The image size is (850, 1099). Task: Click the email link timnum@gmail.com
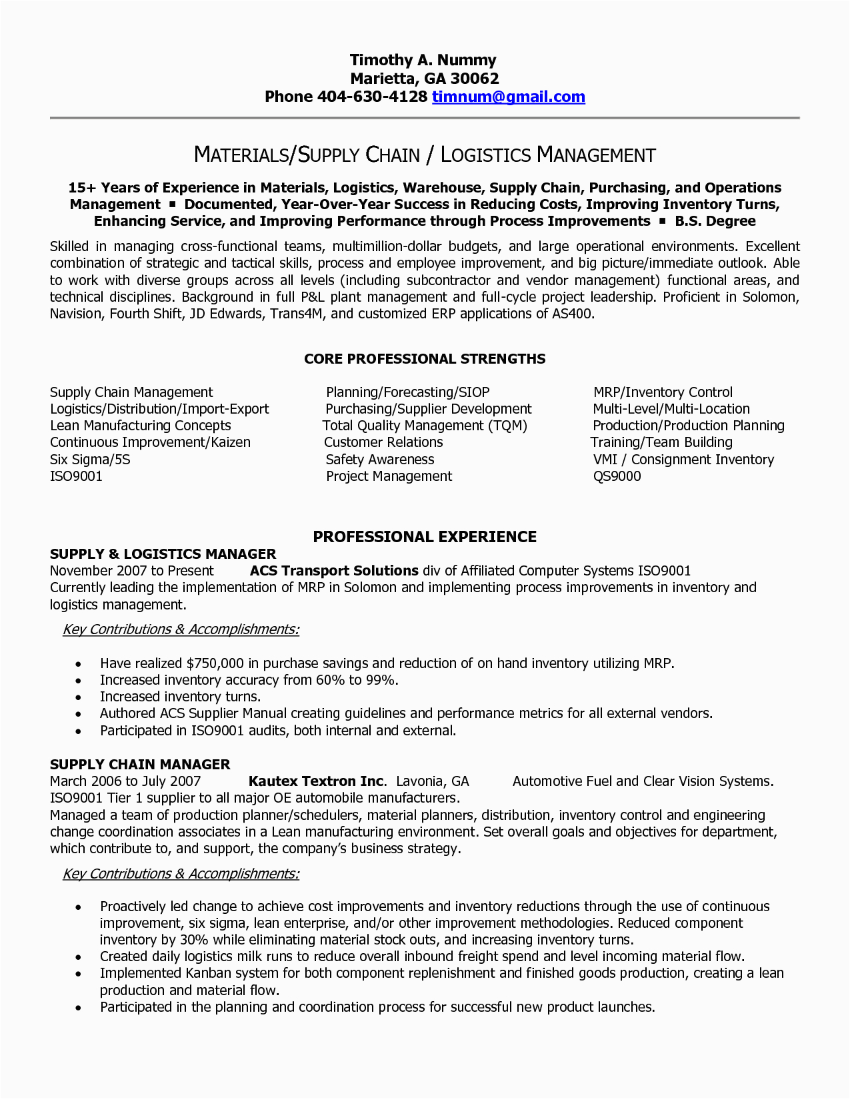508,97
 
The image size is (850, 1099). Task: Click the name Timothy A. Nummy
423,61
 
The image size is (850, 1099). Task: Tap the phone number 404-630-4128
371,97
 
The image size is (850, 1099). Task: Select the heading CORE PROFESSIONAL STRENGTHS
425,359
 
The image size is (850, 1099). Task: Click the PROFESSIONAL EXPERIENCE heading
425,537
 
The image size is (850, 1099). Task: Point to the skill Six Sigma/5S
90,460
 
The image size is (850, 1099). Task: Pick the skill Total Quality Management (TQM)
425,426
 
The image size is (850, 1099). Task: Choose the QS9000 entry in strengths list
617,476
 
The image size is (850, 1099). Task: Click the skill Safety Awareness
379,460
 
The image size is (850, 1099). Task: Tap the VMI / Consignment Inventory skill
683,460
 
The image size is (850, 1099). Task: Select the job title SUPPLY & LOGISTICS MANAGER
163,554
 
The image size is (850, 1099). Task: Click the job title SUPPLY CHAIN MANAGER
140,765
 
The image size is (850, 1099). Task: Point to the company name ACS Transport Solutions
334,571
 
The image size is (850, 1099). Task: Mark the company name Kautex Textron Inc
317,781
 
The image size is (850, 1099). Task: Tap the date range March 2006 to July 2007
125,781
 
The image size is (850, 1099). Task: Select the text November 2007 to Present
132,571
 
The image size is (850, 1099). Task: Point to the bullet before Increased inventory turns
79,697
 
